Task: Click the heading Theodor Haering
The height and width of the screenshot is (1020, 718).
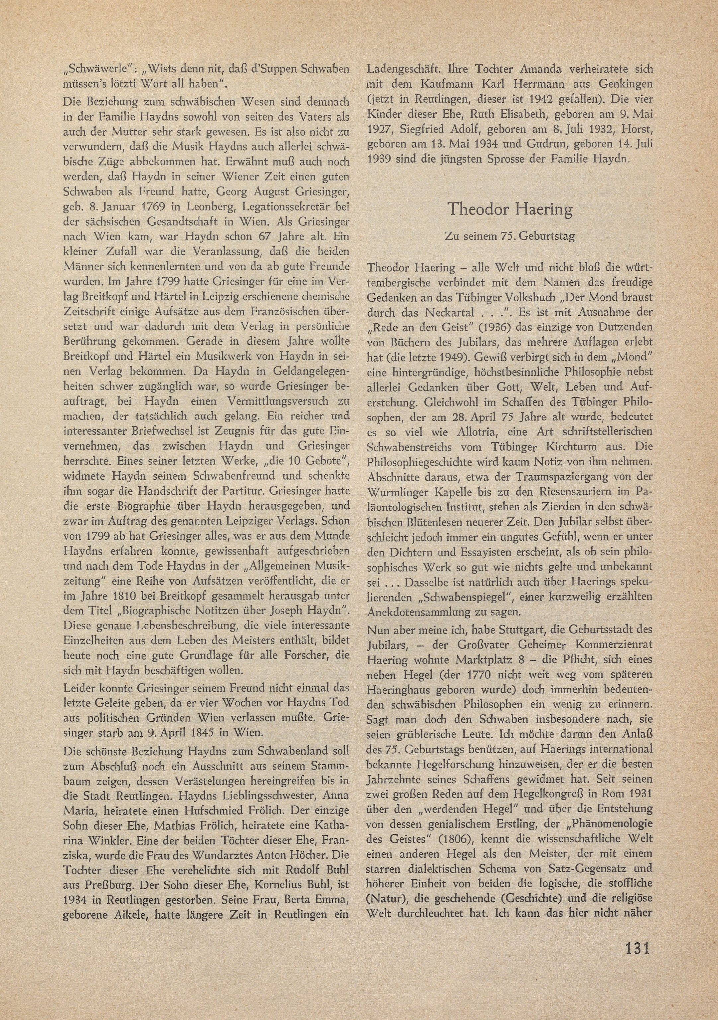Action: point(510,209)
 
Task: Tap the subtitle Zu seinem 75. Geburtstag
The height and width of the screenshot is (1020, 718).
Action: point(510,236)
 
